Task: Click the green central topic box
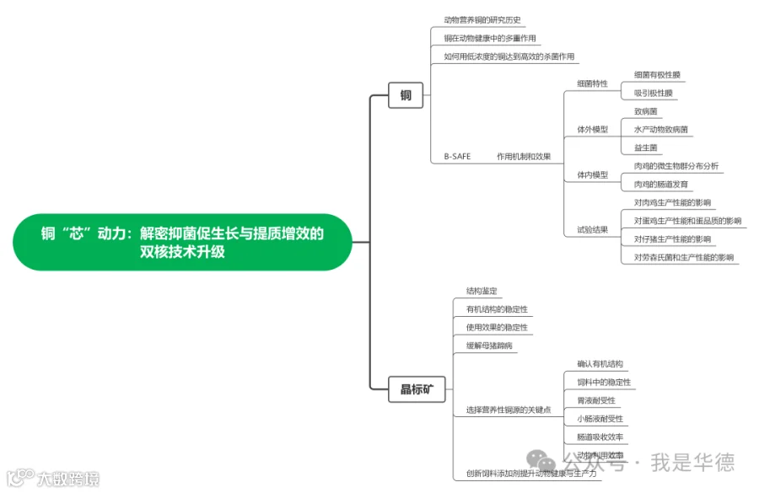182,242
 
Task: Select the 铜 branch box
406,96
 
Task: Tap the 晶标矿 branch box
417,389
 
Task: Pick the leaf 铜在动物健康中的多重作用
489,38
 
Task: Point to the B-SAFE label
457,157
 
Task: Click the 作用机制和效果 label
524,157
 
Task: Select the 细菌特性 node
592,83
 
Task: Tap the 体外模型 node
592,129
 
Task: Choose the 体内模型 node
592,174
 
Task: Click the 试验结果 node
592,229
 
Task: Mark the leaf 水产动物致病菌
661,129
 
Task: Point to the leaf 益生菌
645,147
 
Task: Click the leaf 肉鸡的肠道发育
661,184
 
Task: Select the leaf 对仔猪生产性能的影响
672,238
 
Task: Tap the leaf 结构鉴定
482,291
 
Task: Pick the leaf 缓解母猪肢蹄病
489,346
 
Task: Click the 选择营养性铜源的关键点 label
509,410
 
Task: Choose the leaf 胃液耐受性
596,400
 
